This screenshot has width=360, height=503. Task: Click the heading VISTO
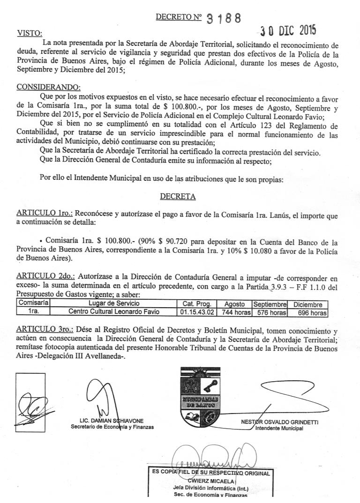pos(29,33)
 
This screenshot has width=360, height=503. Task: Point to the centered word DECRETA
pos(178,196)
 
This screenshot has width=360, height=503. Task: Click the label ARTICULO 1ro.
pos(42,212)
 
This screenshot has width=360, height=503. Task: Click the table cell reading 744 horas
pos(234,312)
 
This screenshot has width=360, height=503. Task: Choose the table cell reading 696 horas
pos(308,312)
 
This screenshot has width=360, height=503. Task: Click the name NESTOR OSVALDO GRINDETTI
pos(279,422)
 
